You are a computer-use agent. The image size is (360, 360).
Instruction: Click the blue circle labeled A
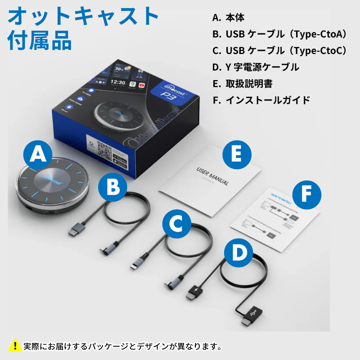click(x=38, y=155)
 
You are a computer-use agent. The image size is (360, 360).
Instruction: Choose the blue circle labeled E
click(x=238, y=154)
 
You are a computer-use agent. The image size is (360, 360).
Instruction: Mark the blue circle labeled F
click(x=307, y=195)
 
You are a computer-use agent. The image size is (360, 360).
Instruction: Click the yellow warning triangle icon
click(x=15, y=346)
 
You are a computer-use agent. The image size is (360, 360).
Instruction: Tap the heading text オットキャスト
click(x=84, y=17)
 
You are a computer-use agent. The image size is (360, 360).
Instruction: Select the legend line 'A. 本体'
click(x=229, y=18)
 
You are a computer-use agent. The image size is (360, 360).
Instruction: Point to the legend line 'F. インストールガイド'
click(x=261, y=100)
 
